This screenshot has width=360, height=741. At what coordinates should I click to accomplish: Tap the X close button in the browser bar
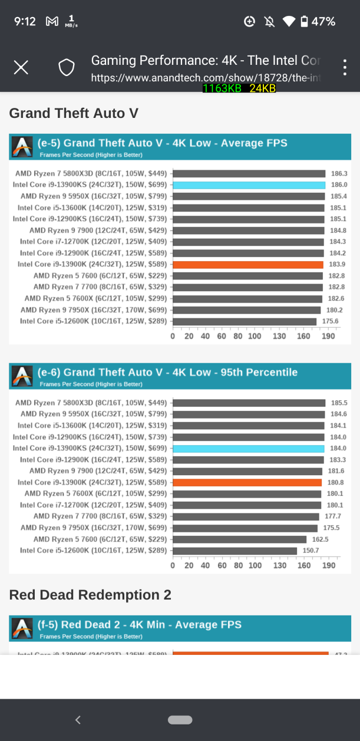pos(21,68)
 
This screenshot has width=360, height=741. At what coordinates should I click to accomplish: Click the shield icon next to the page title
pos(67,68)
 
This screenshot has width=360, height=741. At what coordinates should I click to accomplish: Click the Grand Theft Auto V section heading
pos(74,113)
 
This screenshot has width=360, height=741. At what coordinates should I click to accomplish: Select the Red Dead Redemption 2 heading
pos(90,595)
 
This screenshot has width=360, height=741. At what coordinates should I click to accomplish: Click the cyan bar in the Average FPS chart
pos(249,185)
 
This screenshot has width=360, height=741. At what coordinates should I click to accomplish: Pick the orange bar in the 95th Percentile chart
pos(247,482)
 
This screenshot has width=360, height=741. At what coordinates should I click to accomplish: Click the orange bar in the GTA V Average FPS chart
pos(248,264)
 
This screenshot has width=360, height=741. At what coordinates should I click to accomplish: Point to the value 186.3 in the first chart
pos(339,174)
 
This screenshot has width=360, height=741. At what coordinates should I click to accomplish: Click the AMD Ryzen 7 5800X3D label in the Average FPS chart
pos(91,174)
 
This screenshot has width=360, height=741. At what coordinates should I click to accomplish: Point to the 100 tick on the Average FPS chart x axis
pos(255,336)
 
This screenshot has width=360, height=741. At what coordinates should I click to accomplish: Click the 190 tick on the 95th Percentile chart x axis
pos(329,565)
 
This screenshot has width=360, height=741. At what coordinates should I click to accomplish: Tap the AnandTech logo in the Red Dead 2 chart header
pos(22,628)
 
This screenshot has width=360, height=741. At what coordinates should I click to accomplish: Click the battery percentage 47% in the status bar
pos(323,22)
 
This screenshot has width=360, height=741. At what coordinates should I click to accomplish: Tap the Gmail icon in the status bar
pos(52,22)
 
